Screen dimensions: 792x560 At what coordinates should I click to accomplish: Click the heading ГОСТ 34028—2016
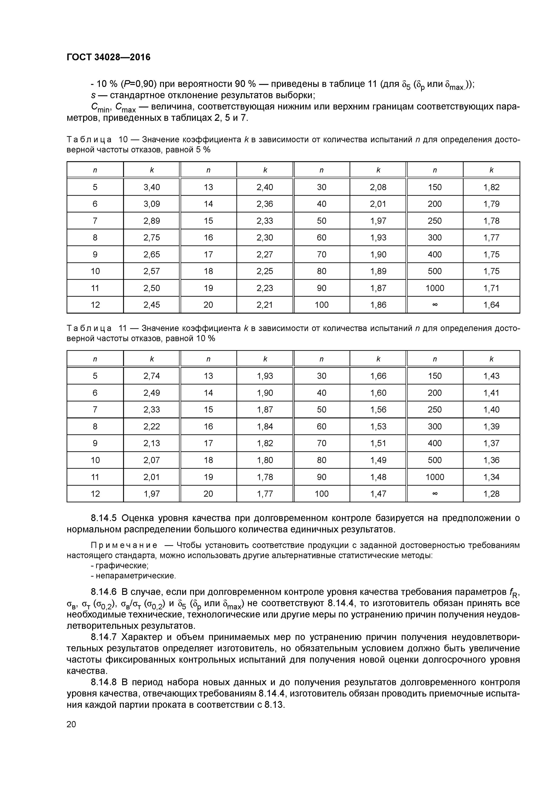(108, 57)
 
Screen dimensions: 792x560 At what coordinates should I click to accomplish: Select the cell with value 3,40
(152, 187)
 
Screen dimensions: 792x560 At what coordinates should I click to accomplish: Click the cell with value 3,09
(152, 204)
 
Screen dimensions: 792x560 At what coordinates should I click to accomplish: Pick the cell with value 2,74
(152, 376)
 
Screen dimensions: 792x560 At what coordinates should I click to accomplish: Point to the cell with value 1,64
(491, 305)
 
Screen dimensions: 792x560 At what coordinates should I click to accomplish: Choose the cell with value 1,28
(491, 494)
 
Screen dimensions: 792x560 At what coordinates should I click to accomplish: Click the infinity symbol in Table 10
(435, 305)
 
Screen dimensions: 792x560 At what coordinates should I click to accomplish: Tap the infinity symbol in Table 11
(435, 494)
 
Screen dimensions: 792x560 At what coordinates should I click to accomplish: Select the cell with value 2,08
(378, 187)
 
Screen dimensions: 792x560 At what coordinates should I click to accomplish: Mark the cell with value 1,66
(378, 376)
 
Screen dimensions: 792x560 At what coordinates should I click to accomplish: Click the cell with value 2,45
(152, 305)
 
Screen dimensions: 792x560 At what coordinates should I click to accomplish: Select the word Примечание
(124, 545)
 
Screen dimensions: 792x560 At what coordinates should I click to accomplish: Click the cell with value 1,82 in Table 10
(491, 187)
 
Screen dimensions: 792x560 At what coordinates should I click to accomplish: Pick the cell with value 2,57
(152, 271)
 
